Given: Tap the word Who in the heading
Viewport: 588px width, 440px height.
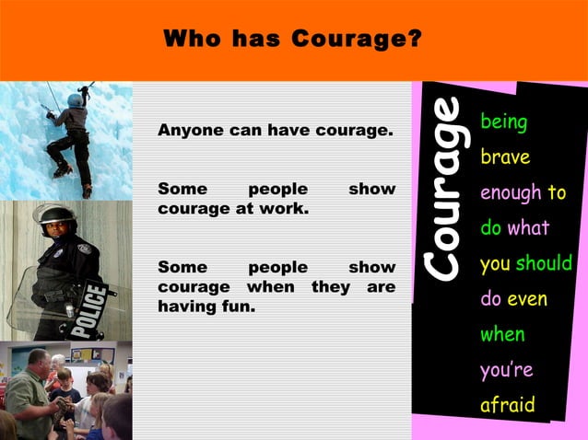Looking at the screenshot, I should click(x=192, y=41).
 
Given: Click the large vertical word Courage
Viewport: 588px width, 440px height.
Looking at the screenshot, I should click(x=445, y=189).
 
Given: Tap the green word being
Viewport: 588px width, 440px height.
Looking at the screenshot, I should click(x=504, y=122).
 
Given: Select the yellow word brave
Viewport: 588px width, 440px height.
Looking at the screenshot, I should click(x=505, y=157).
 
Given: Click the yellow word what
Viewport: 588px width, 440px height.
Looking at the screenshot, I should click(x=528, y=228).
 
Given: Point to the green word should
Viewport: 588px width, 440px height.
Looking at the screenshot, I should click(x=544, y=263).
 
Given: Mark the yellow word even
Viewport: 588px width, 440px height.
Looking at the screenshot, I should click(x=526, y=299).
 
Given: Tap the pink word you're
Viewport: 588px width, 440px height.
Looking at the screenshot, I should click(x=506, y=371).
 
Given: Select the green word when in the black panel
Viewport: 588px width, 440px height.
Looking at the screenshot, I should click(x=502, y=335).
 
